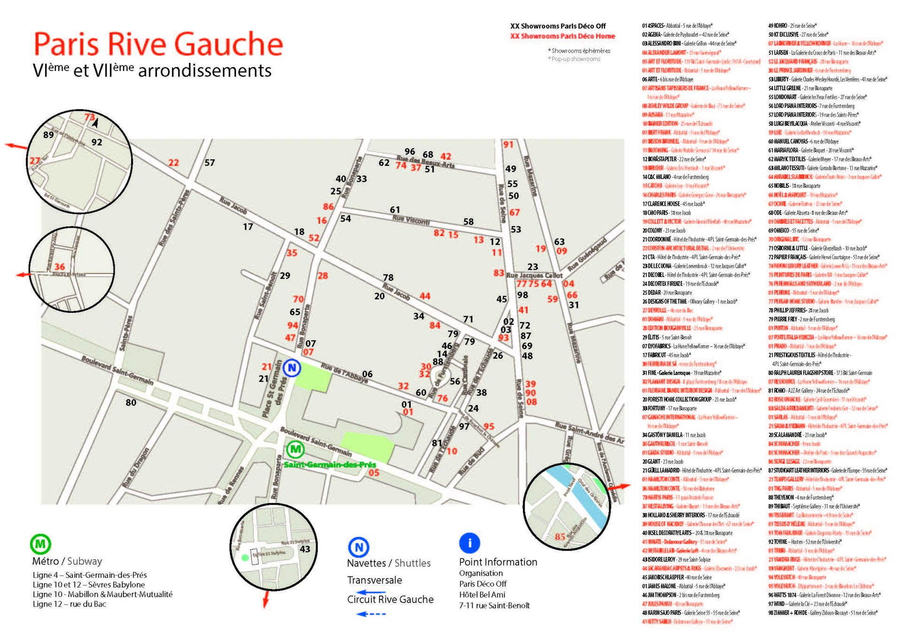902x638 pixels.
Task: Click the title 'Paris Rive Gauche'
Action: coord(158,44)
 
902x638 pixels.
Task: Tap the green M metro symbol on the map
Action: coord(295,450)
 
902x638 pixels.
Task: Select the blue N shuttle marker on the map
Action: coord(292,368)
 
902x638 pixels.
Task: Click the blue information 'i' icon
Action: coord(469,543)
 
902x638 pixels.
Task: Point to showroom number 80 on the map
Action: coord(131,403)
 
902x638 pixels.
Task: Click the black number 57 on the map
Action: coord(210,163)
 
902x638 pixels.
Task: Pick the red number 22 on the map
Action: coord(174,163)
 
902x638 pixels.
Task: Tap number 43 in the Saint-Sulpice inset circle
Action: coord(305,549)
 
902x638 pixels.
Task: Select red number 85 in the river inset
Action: coord(560,537)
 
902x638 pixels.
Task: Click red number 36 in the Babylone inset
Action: coord(60,267)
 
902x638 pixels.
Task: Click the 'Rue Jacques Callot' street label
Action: coord(534,275)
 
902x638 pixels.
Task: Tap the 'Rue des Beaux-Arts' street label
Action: coord(426,161)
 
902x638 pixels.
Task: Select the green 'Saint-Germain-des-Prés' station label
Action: coord(330,465)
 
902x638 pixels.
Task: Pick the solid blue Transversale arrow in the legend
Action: coord(371,593)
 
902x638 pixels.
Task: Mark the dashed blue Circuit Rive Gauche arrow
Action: coord(371,614)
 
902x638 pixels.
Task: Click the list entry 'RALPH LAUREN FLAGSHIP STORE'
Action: coord(820,373)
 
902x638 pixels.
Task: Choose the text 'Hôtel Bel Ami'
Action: coord(482,595)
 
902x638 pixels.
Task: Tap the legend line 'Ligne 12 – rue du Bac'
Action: coord(70,604)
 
